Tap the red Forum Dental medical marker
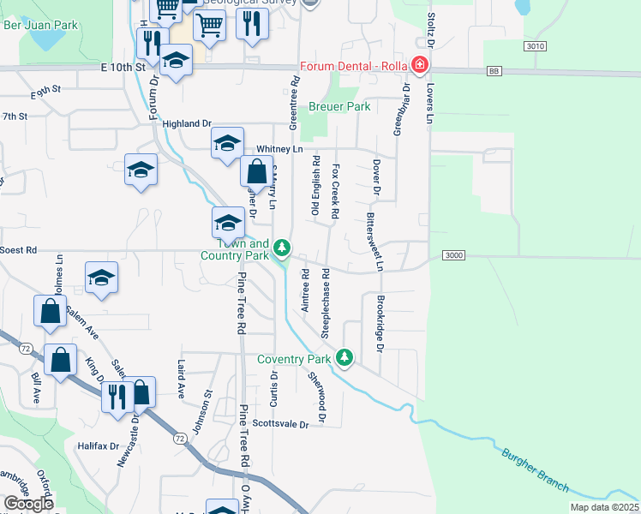[420, 65]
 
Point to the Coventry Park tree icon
[344, 356]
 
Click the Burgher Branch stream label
[536, 469]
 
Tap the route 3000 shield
[454, 255]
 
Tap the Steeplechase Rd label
[326, 302]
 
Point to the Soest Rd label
[19, 250]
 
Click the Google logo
[28, 504]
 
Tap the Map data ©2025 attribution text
[603, 507]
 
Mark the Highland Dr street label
[186, 124]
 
